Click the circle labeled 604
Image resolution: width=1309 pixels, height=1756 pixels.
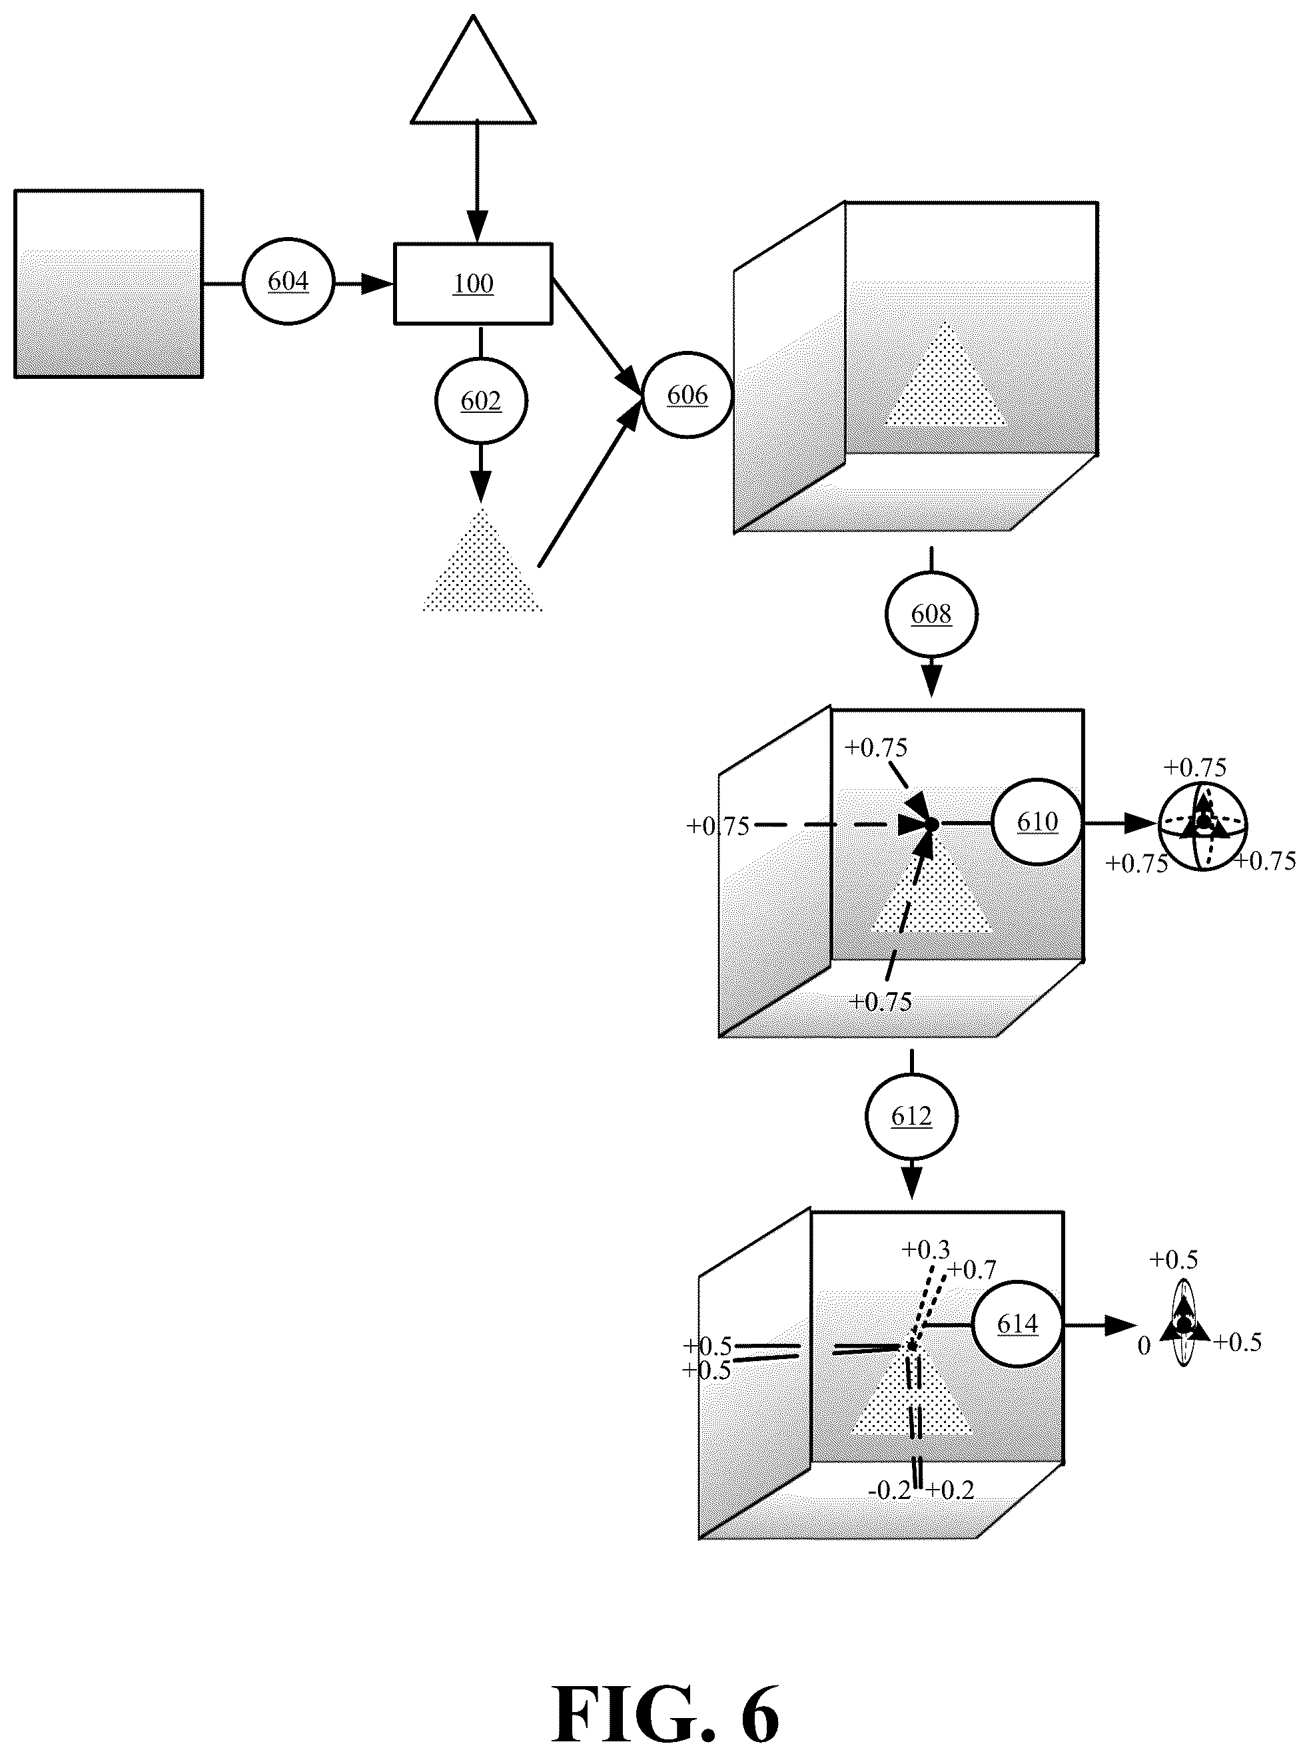[288, 281]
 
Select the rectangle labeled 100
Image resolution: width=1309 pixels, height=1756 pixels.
[473, 284]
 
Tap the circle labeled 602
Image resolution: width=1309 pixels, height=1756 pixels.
[481, 401]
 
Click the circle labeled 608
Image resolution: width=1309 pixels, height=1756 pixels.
[931, 614]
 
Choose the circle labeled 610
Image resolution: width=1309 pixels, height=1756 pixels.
[1037, 822]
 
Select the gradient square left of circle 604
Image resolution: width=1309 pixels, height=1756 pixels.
[109, 284]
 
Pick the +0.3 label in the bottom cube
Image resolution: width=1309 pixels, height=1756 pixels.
[925, 1250]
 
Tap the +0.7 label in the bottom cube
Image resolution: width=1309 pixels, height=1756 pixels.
[972, 1270]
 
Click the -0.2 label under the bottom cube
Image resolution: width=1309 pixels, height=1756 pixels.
[889, 1491]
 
